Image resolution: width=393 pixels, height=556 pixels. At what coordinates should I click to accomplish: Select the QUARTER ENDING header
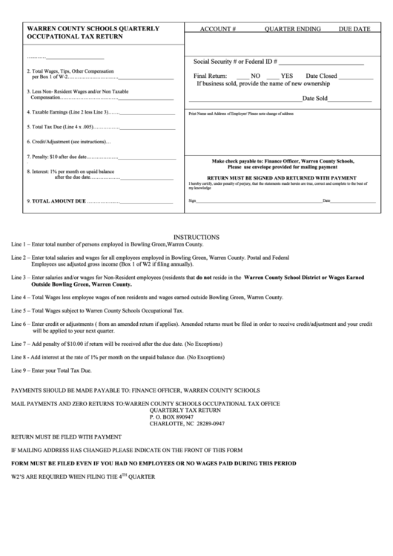point(292,30)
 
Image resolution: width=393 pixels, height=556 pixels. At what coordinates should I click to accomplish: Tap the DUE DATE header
point(354,30)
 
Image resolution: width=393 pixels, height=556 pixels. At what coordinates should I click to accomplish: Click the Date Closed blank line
point(356,77)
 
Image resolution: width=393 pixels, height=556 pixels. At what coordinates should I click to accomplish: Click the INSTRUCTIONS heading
point(196,236)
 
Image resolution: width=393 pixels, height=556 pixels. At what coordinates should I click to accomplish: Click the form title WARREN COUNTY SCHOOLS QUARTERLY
point(93,27)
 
